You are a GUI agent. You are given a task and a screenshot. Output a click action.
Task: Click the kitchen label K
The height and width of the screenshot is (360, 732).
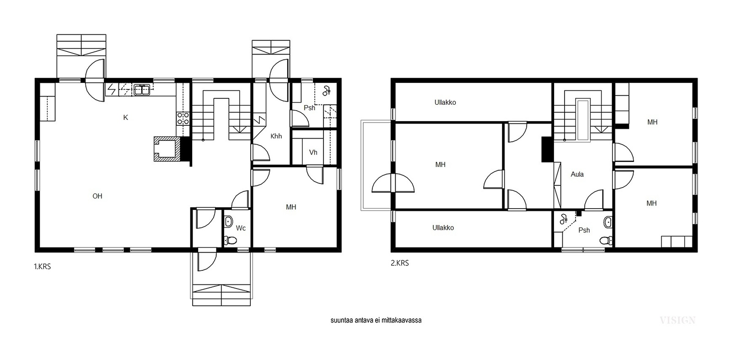[x=125, y=118]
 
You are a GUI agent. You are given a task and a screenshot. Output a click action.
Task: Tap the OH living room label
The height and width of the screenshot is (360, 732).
[x=97, y=196]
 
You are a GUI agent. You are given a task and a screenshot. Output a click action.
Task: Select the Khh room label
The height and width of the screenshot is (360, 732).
[x=276, y=136]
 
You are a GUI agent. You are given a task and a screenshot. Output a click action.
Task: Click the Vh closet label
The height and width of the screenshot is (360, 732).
[x=313, y=152]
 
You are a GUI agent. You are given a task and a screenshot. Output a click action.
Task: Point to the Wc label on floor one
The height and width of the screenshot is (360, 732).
[x=241, y=228]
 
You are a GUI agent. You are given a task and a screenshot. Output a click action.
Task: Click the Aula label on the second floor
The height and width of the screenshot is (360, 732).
[x=577, y=174]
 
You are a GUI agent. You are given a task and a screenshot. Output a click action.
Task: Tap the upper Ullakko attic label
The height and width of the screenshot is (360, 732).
[x=445, y=102]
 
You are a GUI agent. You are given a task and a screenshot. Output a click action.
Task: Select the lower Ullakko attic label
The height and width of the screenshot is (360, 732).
[x=443, y=228]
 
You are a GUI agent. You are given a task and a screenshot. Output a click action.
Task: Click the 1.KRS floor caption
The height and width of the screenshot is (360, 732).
[x=43, y=267]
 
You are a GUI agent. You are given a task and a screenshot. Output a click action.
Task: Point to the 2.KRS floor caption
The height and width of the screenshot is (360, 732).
[x=400, y=263]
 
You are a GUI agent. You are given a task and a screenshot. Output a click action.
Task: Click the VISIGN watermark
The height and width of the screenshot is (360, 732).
[x=678, y=321]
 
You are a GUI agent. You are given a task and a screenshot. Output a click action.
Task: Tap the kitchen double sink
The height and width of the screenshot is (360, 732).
[x=142, y=90]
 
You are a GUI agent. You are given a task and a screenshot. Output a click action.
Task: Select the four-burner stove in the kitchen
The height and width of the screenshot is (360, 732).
[x=183, y=118]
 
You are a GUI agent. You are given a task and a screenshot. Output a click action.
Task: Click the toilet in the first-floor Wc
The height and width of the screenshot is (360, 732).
[x=231, y=241]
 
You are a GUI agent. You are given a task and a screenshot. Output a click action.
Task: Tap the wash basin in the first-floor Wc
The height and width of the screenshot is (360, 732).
[x=229, y=221]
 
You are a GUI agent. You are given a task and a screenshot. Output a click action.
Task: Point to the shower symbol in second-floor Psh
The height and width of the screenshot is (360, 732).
[x=564, y=219]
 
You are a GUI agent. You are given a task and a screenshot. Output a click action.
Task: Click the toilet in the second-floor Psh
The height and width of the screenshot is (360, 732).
[x=606, y=241]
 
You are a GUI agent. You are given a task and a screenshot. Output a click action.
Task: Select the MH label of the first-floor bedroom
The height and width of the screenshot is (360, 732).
[x=291, y=207]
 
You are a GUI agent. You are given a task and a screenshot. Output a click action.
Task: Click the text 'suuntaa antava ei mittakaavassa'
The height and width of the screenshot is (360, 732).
[x=376, y=321]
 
